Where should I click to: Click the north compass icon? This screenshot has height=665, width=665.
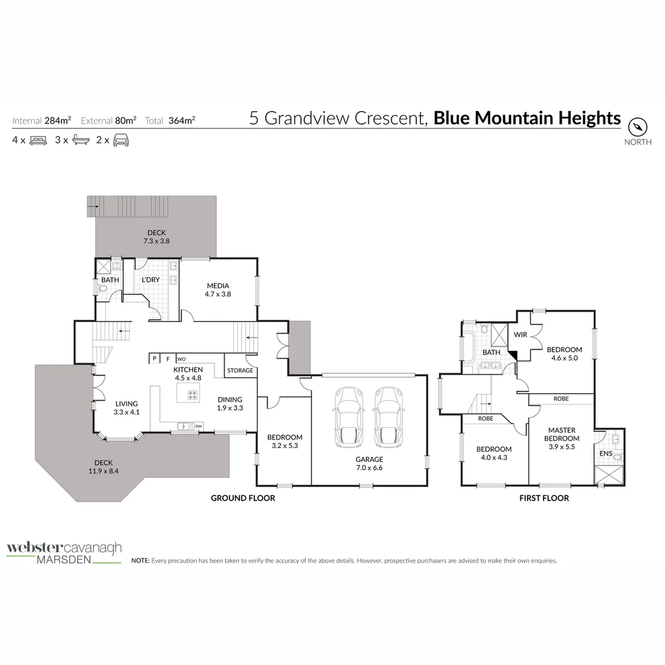pos(638,127)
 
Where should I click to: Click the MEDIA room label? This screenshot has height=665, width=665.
pos(218,286)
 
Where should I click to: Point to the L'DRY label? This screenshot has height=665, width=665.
pos(150,280)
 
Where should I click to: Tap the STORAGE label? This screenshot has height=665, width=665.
pos(240,371)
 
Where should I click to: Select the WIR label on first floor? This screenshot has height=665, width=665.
pos(520,335)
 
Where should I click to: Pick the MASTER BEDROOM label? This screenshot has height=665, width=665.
pos(561,434)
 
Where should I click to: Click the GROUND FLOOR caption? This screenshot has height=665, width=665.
pos(243,498)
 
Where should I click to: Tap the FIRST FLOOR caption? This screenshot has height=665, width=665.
pos(544,498)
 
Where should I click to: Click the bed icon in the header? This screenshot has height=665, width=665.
pos(38,140)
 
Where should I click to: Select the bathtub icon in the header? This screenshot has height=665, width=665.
pos(80,140)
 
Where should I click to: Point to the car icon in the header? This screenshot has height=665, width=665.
pos(121,140)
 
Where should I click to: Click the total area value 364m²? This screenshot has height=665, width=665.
pos(182,121)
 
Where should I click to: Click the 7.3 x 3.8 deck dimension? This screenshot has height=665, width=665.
pos(156,241)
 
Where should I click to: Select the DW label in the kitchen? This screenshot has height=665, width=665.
pos(198,425)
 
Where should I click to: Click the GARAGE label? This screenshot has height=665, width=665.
pos(369,459)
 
